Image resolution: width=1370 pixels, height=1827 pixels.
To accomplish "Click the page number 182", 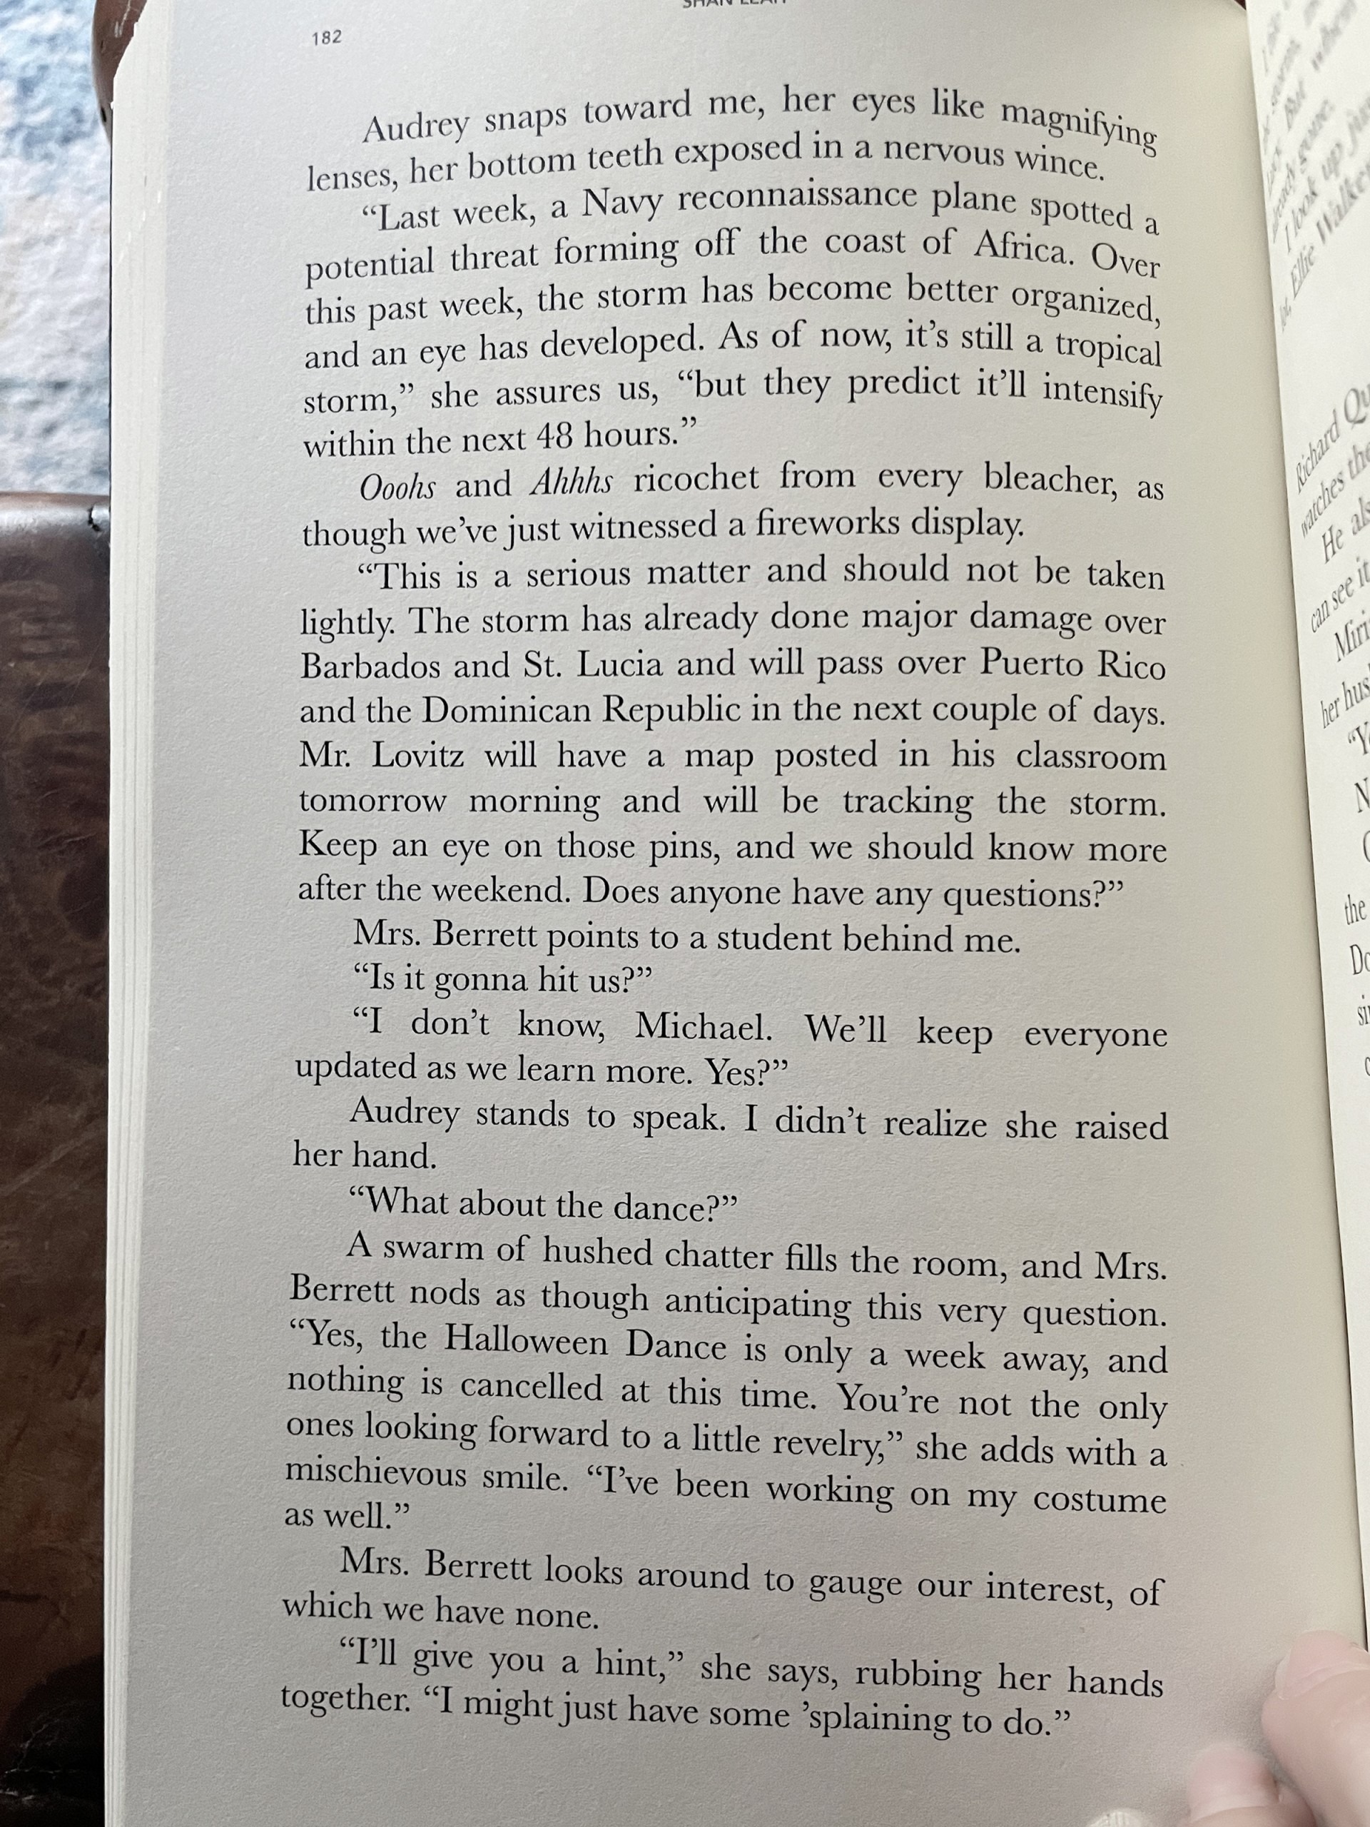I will [327, 37].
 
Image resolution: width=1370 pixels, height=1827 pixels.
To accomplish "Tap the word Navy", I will [621, 204].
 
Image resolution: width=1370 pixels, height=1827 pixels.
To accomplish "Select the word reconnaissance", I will [797, 196].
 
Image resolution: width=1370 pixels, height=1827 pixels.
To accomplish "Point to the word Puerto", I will [1030, 663].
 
